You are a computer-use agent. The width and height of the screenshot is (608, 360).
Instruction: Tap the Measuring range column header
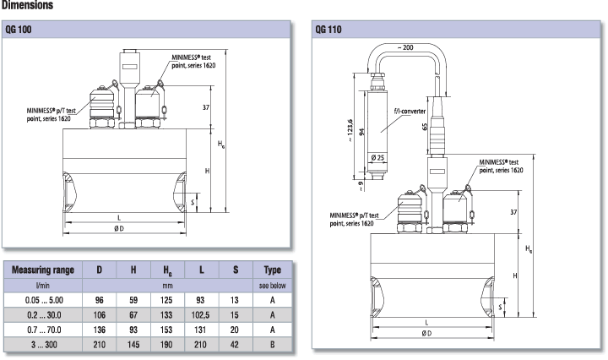coord(42,270)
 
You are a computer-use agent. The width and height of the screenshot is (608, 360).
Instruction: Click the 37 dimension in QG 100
coord(205,106)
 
